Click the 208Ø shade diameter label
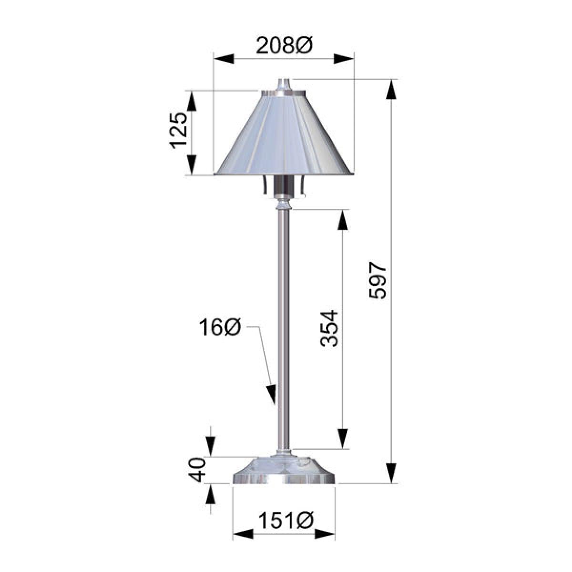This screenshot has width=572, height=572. [x=285, y=46]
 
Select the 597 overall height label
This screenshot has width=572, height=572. [x=378, y=280]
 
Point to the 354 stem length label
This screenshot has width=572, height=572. [x=329, y=328]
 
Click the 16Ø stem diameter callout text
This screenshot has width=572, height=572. [x=220, y=327]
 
